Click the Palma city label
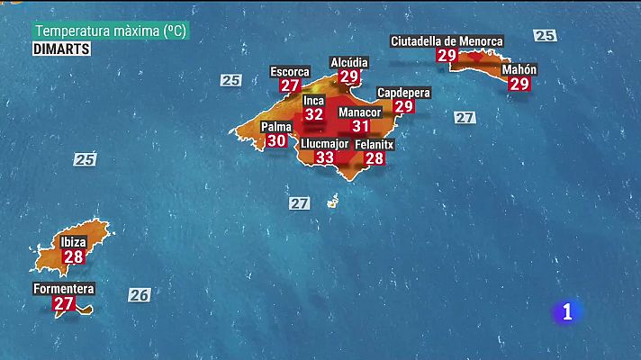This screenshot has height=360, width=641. coord(276,127)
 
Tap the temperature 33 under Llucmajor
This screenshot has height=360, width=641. coord(324,157)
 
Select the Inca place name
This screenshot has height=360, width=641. coord(313,100)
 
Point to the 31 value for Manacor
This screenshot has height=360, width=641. coord(360,127)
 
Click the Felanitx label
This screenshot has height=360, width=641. coord(374,144)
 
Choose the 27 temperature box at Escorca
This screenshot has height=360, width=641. coord(290,86)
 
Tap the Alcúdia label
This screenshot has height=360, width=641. coord(349,62)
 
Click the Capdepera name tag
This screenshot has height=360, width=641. coord(403,93)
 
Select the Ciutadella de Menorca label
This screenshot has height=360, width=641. coord(447,41)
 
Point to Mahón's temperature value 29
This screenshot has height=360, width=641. coord(519,84)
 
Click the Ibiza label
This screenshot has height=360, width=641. coord(74,242)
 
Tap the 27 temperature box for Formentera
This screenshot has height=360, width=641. coord(63,304)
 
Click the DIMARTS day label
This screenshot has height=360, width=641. coord(61,49)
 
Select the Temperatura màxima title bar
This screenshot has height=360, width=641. coord(111,31)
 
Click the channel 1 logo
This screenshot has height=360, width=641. coord(566,311)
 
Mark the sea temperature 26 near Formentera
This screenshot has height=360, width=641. coord(139,294)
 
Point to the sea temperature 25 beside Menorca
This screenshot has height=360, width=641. coord(544,36)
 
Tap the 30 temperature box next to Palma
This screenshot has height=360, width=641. coord(277,140)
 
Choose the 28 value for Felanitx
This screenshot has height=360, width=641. coord(375,158)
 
